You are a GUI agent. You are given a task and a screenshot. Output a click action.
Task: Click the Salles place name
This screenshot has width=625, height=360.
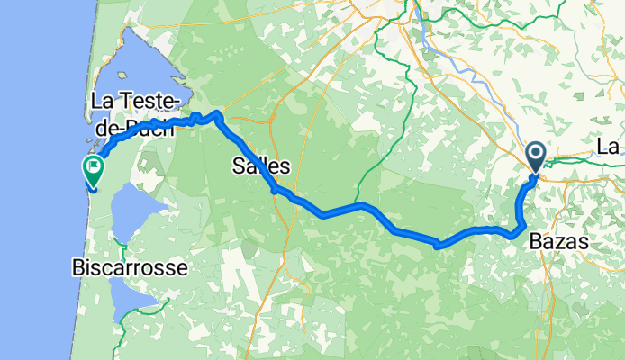coord(261,166)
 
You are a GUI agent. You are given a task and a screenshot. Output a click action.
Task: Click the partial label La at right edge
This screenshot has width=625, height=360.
coord(610,146)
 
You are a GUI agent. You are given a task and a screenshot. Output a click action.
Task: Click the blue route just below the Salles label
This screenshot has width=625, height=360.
coord(275,188)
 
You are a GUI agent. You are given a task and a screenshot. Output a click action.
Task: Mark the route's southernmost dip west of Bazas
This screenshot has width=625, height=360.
coord(438,245)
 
